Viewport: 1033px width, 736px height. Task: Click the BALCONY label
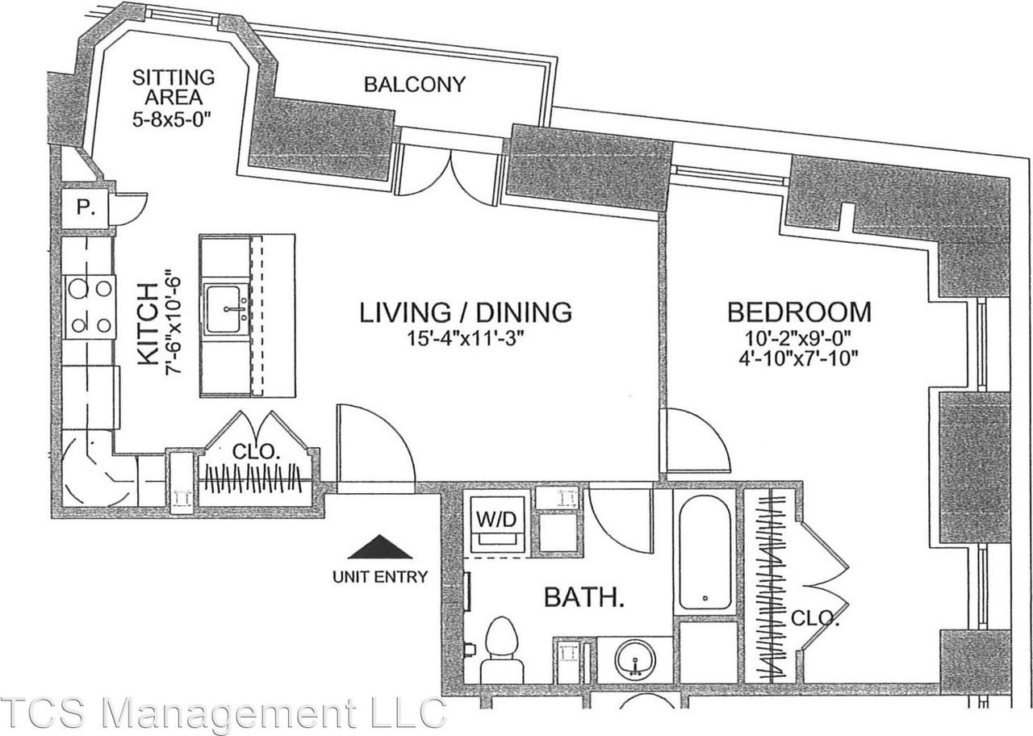point(414,84)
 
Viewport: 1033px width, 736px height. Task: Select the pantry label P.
point(85,208)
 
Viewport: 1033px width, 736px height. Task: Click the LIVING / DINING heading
point(466,312)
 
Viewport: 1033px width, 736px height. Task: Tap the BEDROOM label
point(798,312)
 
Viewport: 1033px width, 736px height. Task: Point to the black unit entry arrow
point(380,548)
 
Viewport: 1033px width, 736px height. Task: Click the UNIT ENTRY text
point(380,577)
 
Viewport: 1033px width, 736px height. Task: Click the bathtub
point(705,554)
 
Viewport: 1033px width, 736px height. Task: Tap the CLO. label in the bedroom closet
point(814,620)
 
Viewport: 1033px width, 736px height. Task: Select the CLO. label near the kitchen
point(256,452)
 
